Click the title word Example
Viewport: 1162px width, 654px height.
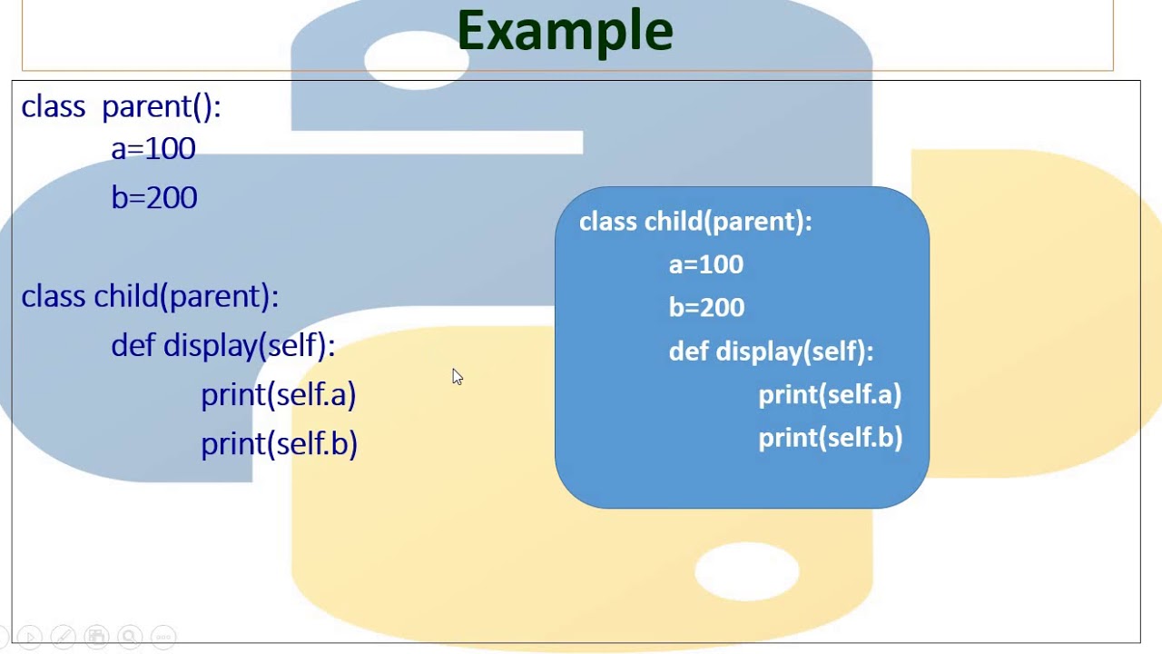(565, 32)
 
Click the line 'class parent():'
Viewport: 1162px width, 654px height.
(122, 107)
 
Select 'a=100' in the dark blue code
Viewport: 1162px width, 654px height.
(153, 148)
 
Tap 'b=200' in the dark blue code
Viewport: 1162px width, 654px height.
(154, 197)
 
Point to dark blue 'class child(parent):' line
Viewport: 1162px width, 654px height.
(150, 297)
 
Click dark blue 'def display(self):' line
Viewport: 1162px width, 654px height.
(223, 346)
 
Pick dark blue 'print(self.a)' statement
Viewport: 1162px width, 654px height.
(279, 395)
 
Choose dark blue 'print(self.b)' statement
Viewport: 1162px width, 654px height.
(279, 444)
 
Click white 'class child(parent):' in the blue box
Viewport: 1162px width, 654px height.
(695, 222)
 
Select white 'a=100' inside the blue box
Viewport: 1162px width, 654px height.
(706, 264)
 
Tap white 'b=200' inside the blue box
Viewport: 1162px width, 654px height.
(706, 307)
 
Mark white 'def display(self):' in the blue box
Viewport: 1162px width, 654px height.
(772, 352)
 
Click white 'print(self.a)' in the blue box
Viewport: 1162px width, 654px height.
(830, 394)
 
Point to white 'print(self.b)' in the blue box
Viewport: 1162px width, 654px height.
(831, 438)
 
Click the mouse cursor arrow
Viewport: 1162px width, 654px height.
(457, 377)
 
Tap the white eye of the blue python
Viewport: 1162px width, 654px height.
(417, 60)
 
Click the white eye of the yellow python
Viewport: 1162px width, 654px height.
(747, 571)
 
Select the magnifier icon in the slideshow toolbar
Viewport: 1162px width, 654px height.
(130, 637)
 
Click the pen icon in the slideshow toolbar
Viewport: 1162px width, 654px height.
(64, 637)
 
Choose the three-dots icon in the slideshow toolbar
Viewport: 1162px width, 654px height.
(163, 637)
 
